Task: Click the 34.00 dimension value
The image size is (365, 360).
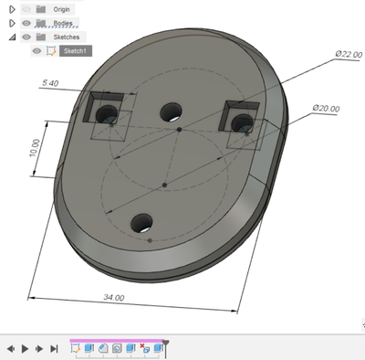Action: tap(114, 297)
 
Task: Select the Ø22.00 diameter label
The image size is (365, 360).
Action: tap(349, 54)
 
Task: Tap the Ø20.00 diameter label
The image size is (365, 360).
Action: tap(326, 108)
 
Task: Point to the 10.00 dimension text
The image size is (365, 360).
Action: tap(35, 148)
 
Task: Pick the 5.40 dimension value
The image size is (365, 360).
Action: tap(50, 83)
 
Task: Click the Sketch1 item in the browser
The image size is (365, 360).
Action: tap(75, 51)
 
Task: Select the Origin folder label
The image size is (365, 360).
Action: tap(61, 9)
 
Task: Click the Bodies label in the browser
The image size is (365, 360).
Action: tap(63, 23)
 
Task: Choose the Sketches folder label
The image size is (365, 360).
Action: tap(67, 37)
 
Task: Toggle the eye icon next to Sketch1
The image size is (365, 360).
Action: tap(36, 51)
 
